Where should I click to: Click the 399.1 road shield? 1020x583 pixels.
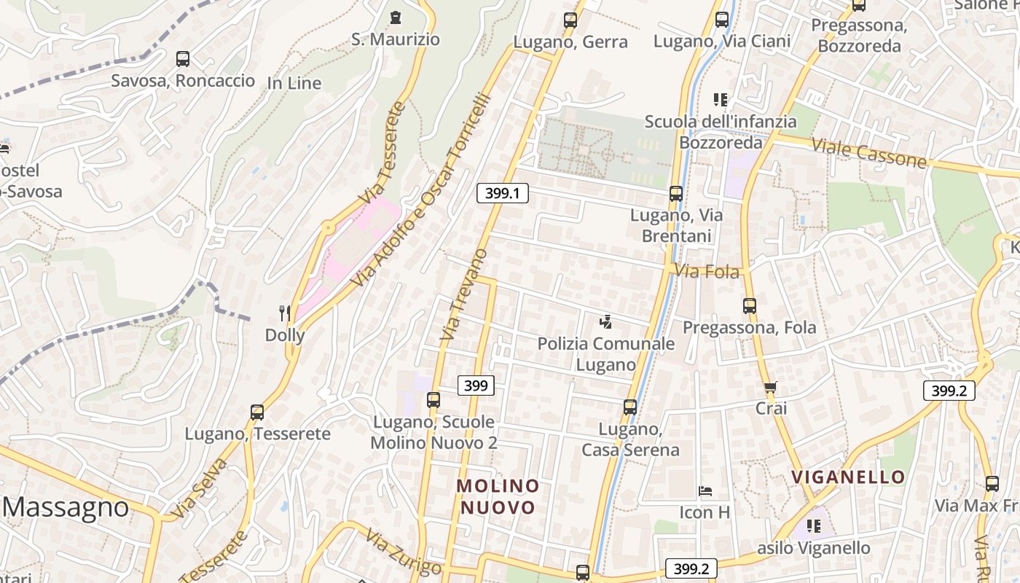click(x=503, y=193)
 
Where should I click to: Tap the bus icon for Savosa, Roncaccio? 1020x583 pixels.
click(x=183, y=59)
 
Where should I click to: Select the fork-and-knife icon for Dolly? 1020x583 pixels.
click(x=285, y=313)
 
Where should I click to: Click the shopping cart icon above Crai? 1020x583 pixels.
click(x=771, y=388)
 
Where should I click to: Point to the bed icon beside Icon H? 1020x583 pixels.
click(x=705, y=491)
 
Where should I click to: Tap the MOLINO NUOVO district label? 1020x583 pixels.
click(x=498, y=496)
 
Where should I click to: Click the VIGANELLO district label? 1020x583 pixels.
click(x=848, y=477)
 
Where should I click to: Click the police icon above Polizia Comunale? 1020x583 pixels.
click(x=605, y=321)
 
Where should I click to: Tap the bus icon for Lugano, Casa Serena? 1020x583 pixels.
click(x=630, y=407)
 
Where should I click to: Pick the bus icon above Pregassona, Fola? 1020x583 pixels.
click(x=750, y=306)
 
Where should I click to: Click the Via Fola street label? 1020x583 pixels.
click(x=707, y=272)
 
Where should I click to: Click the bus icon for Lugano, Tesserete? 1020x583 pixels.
click(x=257, y=412)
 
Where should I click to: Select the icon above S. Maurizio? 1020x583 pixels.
click(x=396, y=17)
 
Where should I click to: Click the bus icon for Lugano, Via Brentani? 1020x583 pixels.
click(x=676, y=194)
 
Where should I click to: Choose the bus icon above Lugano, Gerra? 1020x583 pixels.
click(x=570, y=20)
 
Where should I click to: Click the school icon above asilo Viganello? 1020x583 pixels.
click(x=814, y=525)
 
